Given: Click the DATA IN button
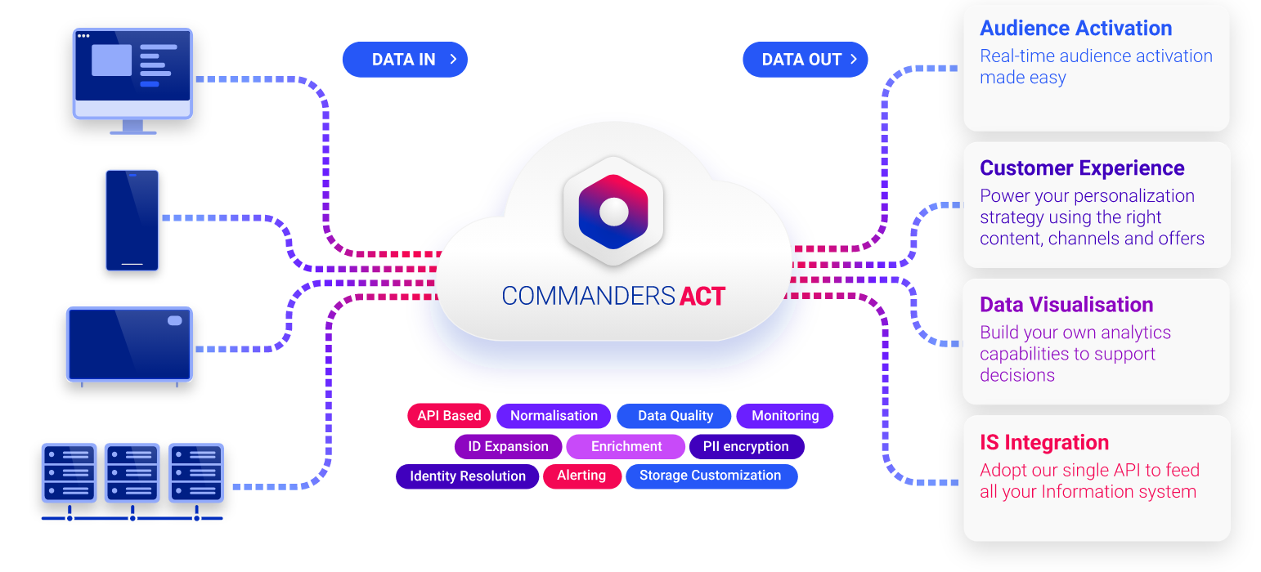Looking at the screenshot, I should (405, 60).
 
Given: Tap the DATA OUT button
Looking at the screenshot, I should (805, 60).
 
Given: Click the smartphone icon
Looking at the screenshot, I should (132, 220).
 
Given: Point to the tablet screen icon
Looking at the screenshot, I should (129, 344).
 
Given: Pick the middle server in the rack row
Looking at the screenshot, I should (132, 473).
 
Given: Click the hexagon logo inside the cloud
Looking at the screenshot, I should (613, 212).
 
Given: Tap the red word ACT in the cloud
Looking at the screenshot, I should (702, 296).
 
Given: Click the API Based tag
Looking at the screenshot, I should (449, 416).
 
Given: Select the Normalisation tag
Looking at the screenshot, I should (554, 416).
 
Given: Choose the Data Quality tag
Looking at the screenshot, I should (675, 416).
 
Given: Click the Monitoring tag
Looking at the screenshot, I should (785, 416).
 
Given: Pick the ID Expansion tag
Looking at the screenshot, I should (508, 447).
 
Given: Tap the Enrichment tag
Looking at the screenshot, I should (626, 447).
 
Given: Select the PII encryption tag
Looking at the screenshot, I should (746, 447).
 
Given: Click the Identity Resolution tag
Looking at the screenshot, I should (468, 476).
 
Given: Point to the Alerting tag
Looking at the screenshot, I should (581, 476).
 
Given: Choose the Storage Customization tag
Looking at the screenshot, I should (711, 476).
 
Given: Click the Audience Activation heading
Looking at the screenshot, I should (1076, 29).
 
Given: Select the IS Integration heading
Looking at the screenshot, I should (1044, 443).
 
